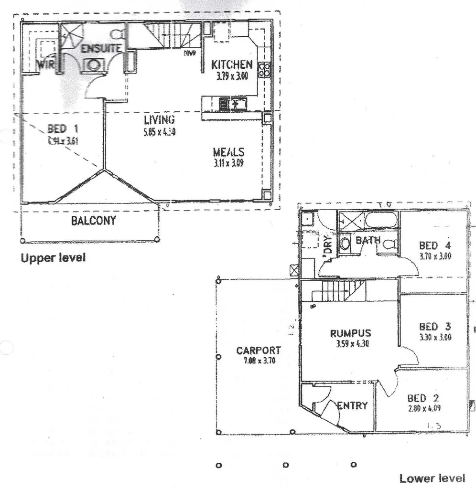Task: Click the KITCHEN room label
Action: pos(232,64)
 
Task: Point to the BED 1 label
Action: pos(63,128)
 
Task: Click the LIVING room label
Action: pos(159,119)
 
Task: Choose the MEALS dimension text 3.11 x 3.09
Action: pos(229,163)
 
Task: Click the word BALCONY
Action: pos(93,221)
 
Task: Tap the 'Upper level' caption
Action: pos(53,258)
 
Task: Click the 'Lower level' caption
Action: pos(432,478)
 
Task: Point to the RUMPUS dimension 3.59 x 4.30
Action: pos(350,343)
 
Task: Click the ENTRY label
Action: pos(352,406)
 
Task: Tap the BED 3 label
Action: pos(435,327)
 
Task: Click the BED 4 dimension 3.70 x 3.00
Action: pos(435,255)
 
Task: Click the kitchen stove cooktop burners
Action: pos(264,70)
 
